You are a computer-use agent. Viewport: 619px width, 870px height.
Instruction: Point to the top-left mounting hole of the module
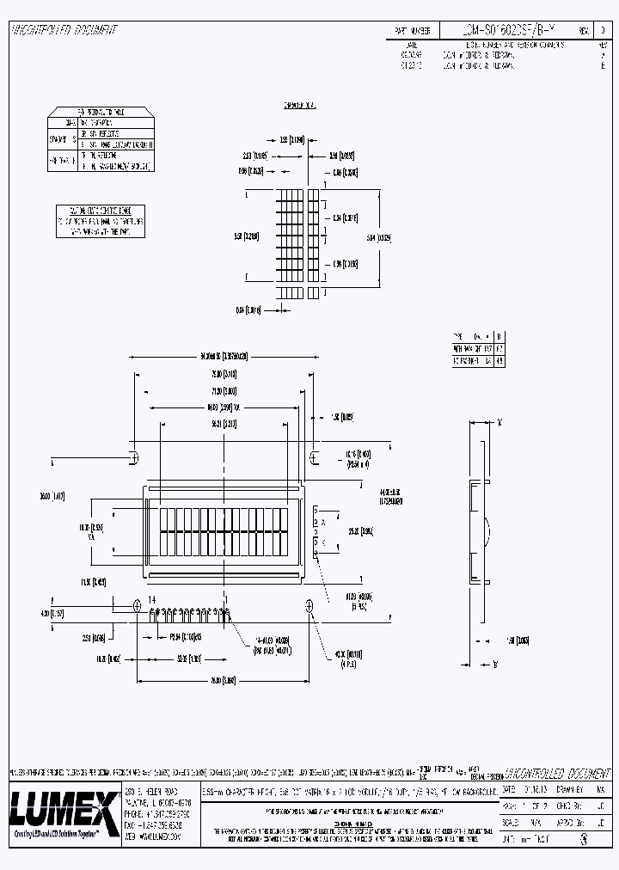pyautogui.click(x=134, y=456)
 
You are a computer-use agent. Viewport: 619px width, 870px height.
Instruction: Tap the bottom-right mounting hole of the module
pyautogui.click(x=309, y=606)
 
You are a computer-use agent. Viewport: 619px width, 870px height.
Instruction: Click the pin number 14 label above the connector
pyautogui.click(x=152, y=599)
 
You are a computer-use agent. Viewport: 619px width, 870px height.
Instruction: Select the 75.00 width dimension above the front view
pyautogui.click(x=224, y=375)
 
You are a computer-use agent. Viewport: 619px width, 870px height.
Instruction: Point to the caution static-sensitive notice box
pyautogui.click(x=100, y=221)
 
